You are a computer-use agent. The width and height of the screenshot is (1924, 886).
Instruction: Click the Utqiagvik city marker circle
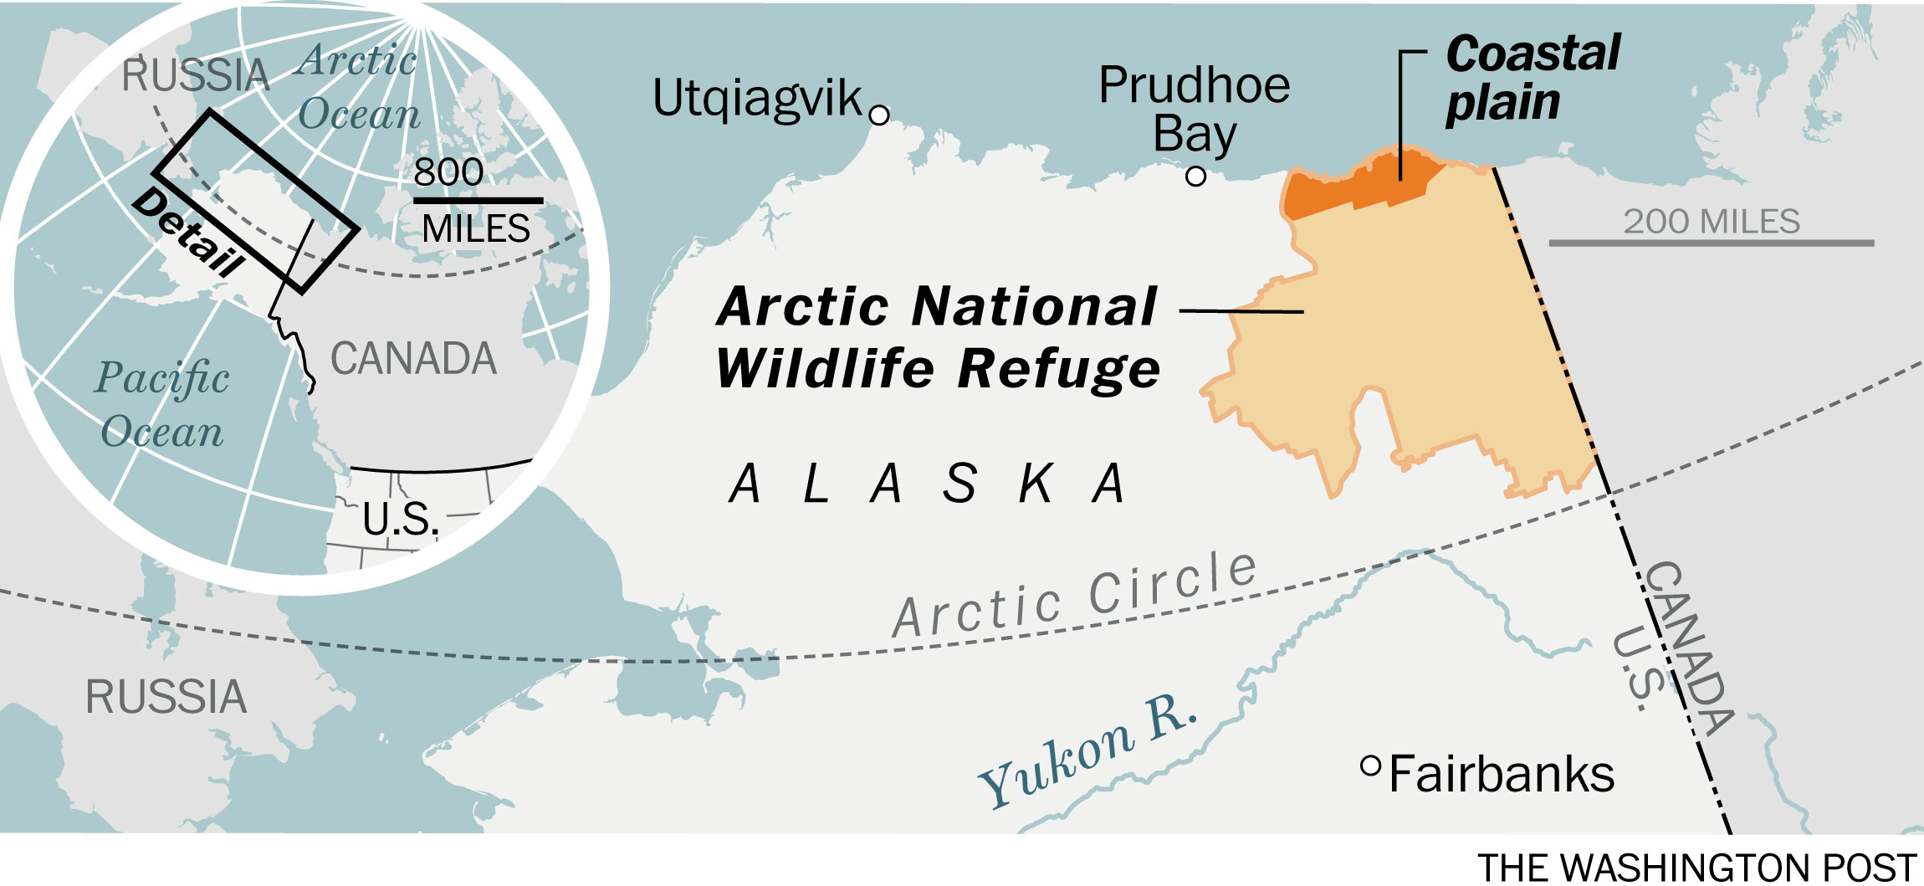pyautogui.click(x=879, y=115)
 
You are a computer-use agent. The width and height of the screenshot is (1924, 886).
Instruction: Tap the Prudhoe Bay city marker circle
pyautogui.click(x=1196, y=177)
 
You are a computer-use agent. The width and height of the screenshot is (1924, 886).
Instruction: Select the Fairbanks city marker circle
pyautogui.click(x=1370, y=766)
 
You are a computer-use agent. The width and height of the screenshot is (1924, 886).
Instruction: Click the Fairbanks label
pyautogui.click(x=1502, y=774)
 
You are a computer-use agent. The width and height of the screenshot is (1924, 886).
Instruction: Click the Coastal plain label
pyautogui.click(x=1533, y=79)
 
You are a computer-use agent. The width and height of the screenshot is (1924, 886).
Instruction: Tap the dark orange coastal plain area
pyautogui.click(x=1355, y=182)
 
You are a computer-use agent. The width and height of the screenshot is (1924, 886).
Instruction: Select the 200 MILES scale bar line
pyautogui.click(x=1711, y=243)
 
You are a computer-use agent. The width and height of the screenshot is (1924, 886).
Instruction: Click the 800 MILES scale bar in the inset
pyautogui.click(x=478, y=201)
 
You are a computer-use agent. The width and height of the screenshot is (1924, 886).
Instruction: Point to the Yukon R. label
pyautogui.click(x=1087, y=751)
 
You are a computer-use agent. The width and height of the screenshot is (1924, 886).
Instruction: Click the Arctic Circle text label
pyautogui.click(x=1075, y=596)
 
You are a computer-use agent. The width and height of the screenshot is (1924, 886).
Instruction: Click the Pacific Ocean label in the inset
pyautogui.click(x=161, y=404)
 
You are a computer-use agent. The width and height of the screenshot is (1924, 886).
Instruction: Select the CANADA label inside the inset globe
pyautogui.click(x=413, y=359)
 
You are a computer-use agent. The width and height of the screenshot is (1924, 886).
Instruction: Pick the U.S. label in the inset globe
pyautogui.click(x=400, y=520)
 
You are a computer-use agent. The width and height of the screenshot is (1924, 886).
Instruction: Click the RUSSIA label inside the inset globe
pyautogui.click(x=195, y=76)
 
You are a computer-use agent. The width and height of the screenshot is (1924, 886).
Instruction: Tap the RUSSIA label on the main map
pyautogui.click(x=166, y=697)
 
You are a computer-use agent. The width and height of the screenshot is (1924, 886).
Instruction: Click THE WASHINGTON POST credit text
pyautogui.click(x=1696, y=868)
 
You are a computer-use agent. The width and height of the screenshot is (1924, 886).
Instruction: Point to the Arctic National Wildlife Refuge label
pyautogui.click(x=938, y=337)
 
